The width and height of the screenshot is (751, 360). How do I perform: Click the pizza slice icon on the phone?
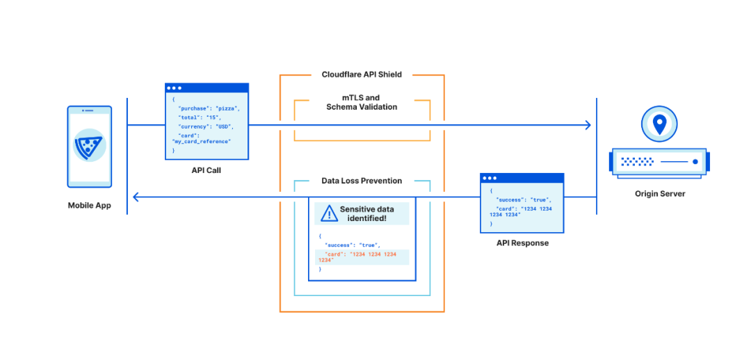coord(89,145)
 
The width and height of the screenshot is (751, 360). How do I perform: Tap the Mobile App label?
coord(89,206)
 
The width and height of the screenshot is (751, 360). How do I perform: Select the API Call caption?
coord(207,170)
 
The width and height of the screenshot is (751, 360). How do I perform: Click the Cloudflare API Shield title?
coord(362,74)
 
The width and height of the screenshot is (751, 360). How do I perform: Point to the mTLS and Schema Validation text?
coord(362,102)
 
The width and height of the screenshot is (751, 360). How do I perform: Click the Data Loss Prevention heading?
coord(362,181)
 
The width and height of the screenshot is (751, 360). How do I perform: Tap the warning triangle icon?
coord(328,213)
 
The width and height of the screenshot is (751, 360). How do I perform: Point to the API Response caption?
coord(522,243)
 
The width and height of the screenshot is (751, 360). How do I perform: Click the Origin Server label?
coord(660,194)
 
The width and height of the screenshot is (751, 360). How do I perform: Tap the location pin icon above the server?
coord(659,124)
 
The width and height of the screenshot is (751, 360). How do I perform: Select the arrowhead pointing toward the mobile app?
coord(136,196)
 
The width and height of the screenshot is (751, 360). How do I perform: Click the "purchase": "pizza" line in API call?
coord(208,108)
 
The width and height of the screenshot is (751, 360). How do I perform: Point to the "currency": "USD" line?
coord(204,127)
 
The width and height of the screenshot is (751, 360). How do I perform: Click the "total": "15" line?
coord(200,117)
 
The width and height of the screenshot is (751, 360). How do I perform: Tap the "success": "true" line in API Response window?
coord(524,199)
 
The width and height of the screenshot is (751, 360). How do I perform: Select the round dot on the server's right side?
coord(695,162)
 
